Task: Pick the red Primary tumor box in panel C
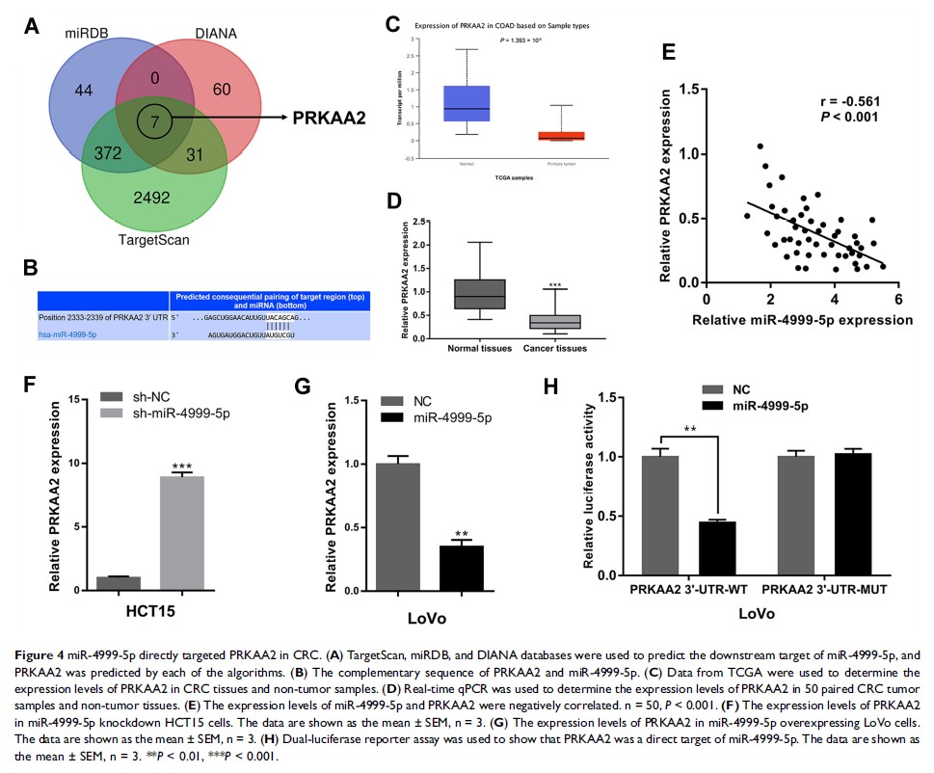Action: (x=561, y=136)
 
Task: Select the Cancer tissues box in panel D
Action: (x=554, y=321)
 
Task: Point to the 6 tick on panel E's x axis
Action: (x=898, y=296)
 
